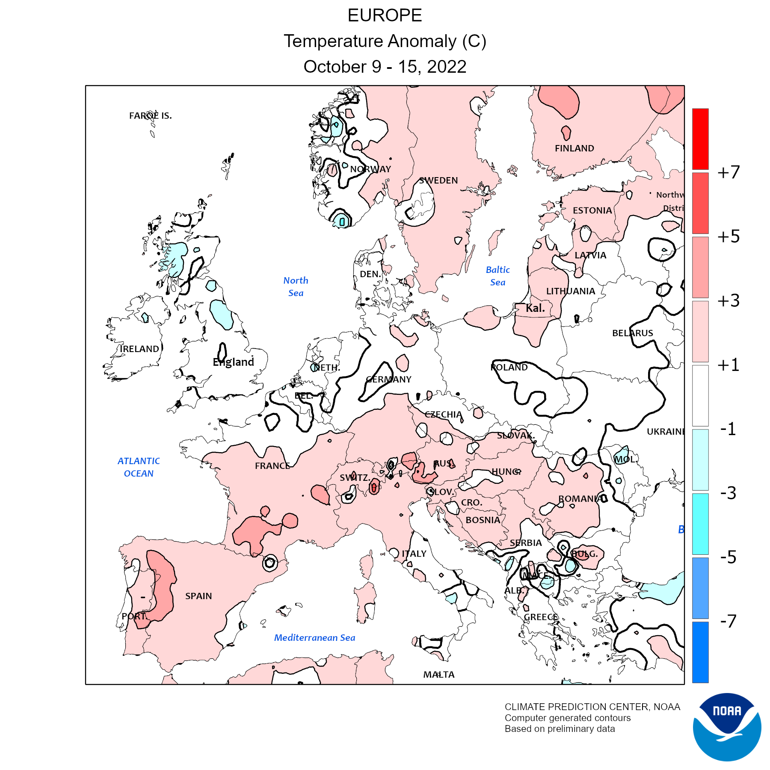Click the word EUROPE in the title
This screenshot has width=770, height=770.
tap(385, 16)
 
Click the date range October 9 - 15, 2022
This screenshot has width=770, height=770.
tap(385, 67)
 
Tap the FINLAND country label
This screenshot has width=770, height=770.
tap(574, 148)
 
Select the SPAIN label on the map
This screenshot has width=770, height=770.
tap(198, 596)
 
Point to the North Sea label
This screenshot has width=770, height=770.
tap(296, 287)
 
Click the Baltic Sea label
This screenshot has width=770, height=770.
tap(498, 276)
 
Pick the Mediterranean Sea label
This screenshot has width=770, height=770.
tap(314, 638)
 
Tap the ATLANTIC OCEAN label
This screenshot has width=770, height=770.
tap(139, 467)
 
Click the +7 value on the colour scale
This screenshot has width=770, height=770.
tap(728, 172)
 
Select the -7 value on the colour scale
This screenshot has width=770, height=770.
tap(728, 621)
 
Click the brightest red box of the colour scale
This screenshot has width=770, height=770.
tap(700, 139)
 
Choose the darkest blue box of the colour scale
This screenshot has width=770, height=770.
tap(700, 652)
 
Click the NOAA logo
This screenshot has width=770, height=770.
tap(727, 727)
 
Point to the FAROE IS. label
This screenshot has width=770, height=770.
tap(150, 116)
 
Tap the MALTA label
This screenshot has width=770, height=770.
tap(439, 675)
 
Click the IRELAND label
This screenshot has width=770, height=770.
tap(139, 349)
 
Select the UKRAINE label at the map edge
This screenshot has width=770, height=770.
tap(665, 432)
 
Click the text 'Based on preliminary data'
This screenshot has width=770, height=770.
tap(560, 729)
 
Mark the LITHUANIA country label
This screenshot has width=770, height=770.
tap(571, 291)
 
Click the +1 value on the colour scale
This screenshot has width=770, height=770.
tap(728, 365)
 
